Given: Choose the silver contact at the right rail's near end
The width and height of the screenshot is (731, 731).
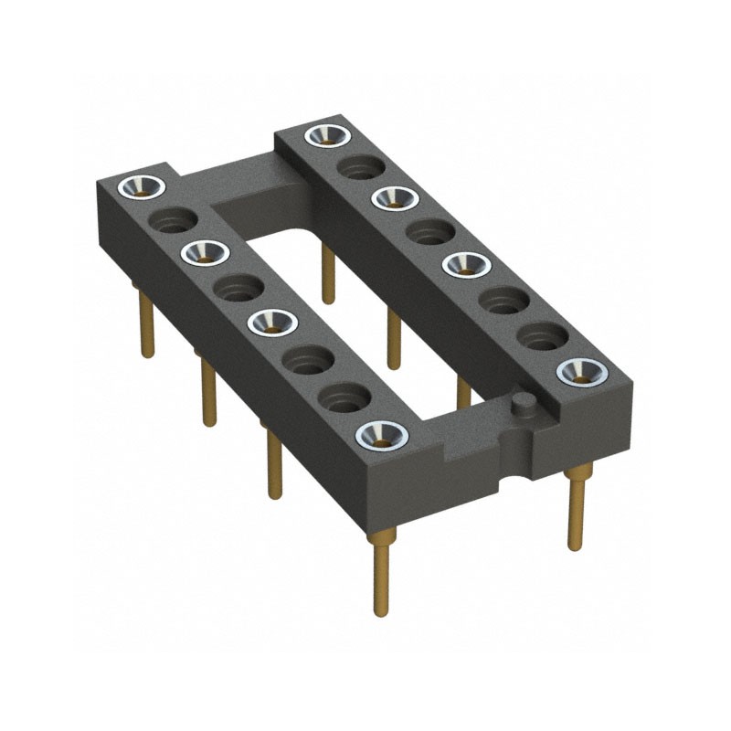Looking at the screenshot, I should pyautogui.click(x=581, y=370).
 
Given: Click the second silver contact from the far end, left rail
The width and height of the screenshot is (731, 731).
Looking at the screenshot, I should pyautogui.click(x=205, y=252).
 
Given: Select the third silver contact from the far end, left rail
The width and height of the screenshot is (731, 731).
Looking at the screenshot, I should pyautogui.click(x=271, y=321).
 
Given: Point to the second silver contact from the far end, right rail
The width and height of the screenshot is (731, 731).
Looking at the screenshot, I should pyautogui.click(x=394, y=196).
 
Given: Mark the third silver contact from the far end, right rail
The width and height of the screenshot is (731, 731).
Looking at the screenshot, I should pyautogui.click(x=466, y=264).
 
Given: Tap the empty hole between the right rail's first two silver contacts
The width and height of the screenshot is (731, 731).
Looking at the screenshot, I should pyautogui.click(x=359, y=166).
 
